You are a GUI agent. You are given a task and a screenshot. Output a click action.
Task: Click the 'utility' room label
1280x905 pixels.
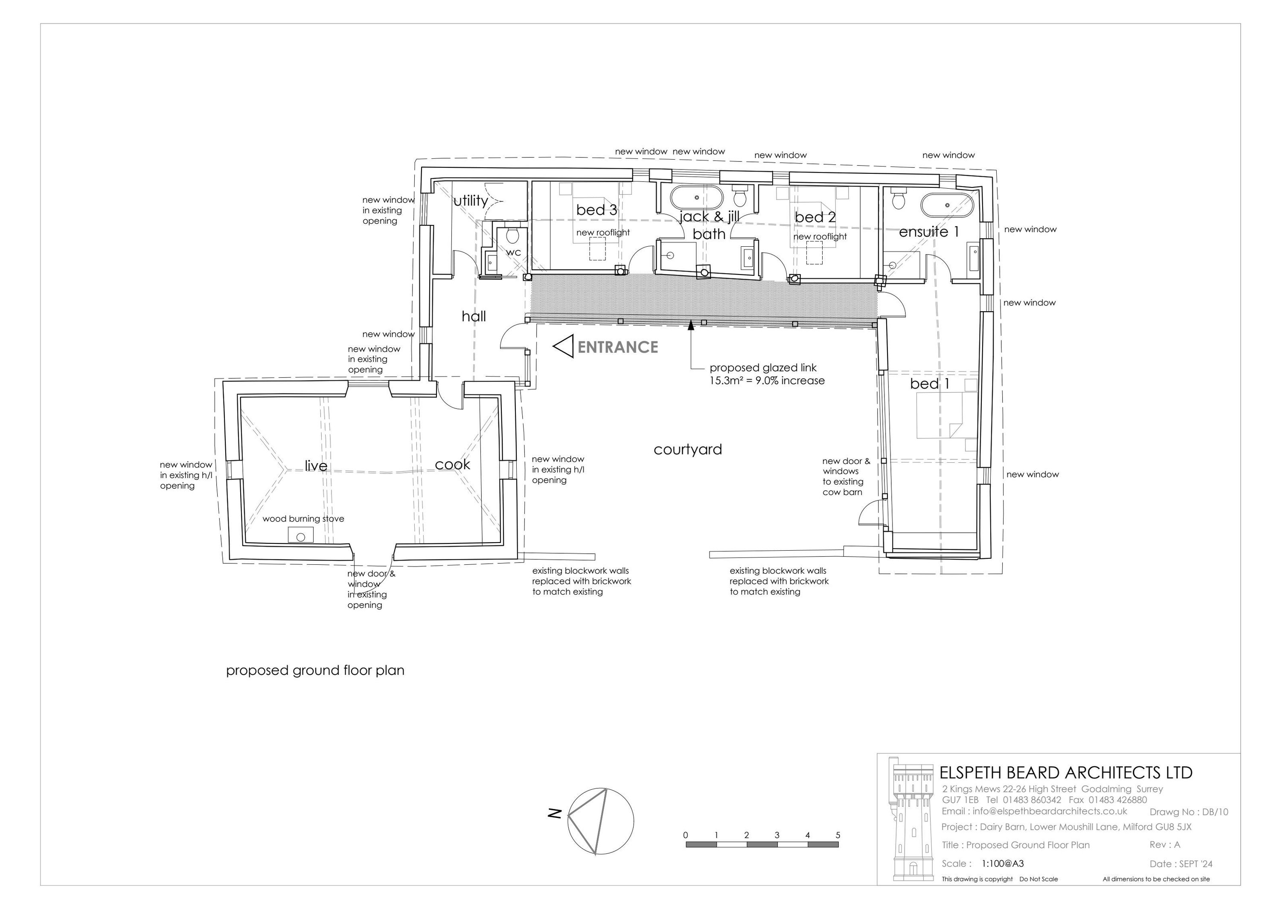point(471,201)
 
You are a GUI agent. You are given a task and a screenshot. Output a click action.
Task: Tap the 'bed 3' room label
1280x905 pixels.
point(596,210)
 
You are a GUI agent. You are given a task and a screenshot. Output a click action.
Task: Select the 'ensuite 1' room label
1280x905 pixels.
point(929,231)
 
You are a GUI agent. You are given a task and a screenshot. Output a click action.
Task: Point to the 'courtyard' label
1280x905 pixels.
point(687,450)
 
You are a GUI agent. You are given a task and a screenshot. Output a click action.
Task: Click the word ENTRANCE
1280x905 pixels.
point(618,347)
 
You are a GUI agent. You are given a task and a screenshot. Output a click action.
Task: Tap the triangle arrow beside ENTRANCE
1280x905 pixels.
point(563,346)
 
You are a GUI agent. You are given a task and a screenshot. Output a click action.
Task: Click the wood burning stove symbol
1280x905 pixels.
point(300,536)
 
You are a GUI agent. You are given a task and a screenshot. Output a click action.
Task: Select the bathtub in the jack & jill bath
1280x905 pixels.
point(696,197)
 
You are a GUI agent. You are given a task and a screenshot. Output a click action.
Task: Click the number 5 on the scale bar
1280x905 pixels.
point(838,835)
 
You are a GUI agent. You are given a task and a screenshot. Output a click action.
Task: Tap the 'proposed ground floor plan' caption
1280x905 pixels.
point(315,671)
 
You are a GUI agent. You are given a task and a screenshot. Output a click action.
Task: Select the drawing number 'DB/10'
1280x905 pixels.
point(1215,812)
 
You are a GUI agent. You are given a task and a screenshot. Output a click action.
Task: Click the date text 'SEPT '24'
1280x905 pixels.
point(1196,864)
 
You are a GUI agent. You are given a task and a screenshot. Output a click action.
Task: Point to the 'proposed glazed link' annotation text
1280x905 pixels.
point(762,368)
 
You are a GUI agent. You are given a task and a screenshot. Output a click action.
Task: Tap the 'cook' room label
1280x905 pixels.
point(452,464)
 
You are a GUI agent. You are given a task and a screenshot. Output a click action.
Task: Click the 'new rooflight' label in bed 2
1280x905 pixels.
point(820,236)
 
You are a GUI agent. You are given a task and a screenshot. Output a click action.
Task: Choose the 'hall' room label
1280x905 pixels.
point(474,316)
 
